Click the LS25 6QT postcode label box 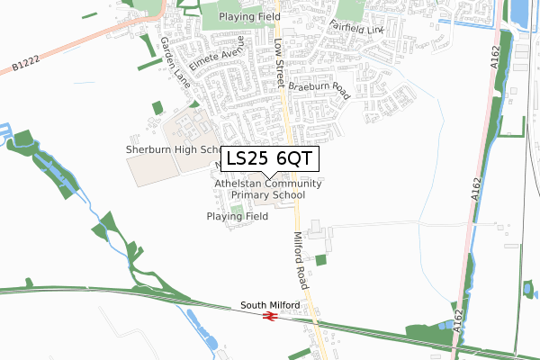pyautogui.click(x=269, y=159)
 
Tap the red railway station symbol pyautogui.click(x=269, y=316)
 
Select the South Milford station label pyautogui.click(x=269, y=306)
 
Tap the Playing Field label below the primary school pyautogui.click(x=237, y=217)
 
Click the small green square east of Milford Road pyautogui.click(x=321, y=259)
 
